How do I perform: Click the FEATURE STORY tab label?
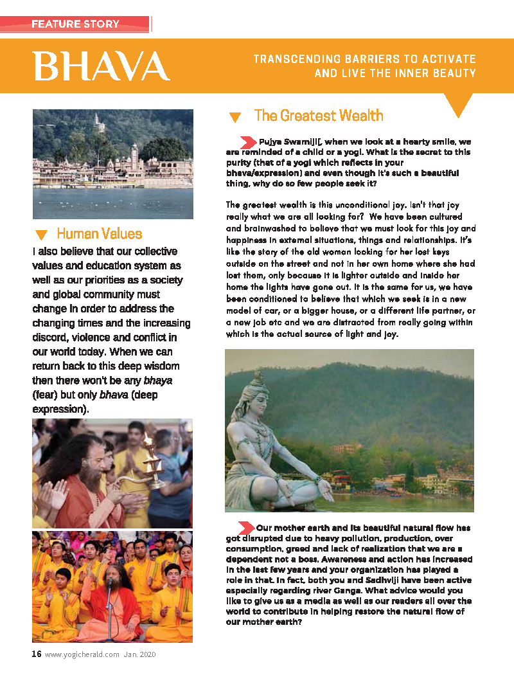coord(75,24)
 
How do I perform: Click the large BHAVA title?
coord(102,66)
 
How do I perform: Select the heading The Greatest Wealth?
coord(319,116)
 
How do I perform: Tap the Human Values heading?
coord(100,234)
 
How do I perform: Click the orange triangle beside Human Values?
coord(42,235)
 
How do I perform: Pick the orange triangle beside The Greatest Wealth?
coord(235,118)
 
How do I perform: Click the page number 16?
coord(37,654)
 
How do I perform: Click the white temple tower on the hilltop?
coord(98,122)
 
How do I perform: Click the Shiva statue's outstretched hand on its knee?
coord(323,492)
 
